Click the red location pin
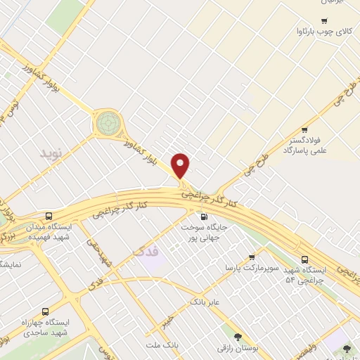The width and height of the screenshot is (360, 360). (181, 165)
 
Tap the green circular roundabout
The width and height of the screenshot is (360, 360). (108, 123)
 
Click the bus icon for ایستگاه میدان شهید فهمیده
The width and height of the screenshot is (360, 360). (49, 216)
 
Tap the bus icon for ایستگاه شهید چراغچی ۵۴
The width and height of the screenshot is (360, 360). (304, 259)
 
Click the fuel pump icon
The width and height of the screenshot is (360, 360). (204, 217)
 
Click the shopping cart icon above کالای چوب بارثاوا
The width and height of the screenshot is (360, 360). (324, 21)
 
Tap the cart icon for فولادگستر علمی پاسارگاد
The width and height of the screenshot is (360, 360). (304, 129)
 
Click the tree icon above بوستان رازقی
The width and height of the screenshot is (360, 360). (238, 337)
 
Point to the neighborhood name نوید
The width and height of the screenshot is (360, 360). (51, 153)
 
